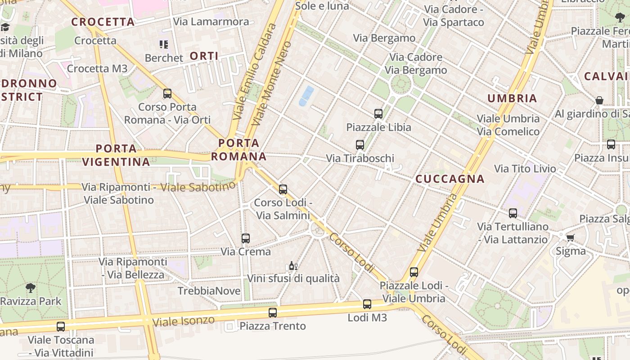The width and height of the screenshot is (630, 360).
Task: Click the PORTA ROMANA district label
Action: (x=239, y=150)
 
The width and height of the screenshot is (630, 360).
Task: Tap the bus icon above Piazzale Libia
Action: (x=378, y=114)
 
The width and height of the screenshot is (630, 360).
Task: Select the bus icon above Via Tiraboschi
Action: (x=360, y=145)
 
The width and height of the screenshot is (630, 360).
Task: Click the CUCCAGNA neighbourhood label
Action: (x=450, y=179)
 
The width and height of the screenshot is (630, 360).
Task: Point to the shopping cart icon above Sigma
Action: (x=571, y=238)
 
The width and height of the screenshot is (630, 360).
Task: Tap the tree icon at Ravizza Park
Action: (x=31, y=288)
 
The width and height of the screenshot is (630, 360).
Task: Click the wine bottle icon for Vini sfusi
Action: (x=293, y=266)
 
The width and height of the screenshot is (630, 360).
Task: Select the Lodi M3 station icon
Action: (x=367, y=304)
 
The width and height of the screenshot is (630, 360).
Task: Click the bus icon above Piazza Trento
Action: (x=273, y=313)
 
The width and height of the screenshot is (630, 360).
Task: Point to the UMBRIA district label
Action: (x=512, y=99)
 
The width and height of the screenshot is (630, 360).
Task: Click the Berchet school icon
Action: (x=164, y=45)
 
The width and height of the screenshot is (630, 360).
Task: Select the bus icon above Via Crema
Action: (x=246, y=238)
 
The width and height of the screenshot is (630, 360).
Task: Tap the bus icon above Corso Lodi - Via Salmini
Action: (x=283, y=189)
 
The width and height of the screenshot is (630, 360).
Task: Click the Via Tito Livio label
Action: (x=525, y=169)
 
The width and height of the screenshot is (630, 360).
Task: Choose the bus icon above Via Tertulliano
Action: (x=513, y=213)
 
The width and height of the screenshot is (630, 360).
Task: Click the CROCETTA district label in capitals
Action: (x=103, y=22)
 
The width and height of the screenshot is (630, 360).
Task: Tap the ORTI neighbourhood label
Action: (x=204, y=56)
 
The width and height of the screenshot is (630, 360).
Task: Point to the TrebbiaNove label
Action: (x=209, y=291)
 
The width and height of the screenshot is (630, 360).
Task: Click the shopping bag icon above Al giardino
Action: (x=599, y=100)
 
